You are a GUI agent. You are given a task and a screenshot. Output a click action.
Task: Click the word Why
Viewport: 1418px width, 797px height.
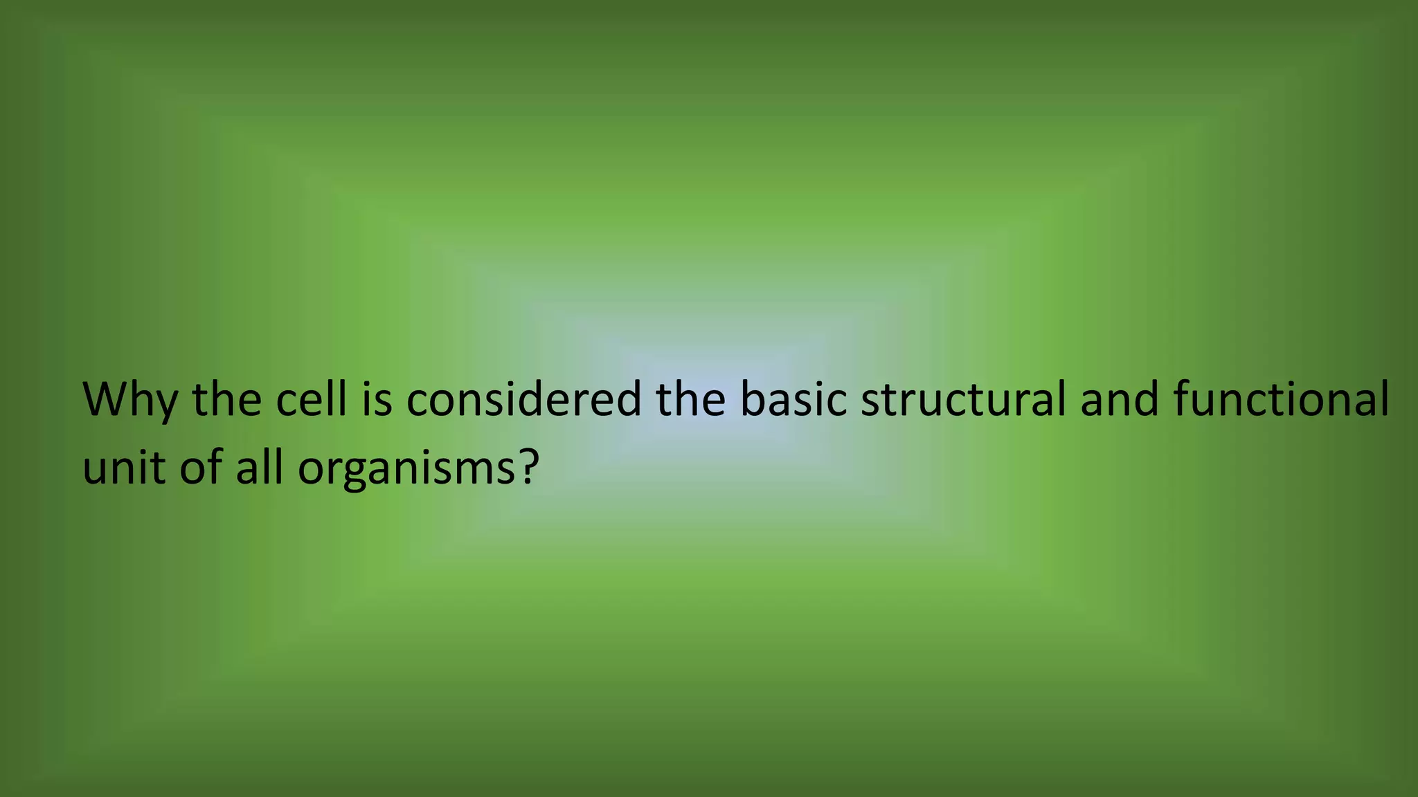(129, 400)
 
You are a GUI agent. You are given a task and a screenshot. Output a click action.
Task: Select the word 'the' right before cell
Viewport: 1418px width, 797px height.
(226, 399)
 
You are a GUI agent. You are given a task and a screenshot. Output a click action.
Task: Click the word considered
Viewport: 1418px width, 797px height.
(524, 399)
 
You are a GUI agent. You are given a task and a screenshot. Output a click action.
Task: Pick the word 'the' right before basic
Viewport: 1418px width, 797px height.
(690, 399)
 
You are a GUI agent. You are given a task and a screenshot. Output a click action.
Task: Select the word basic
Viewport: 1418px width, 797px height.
(793, 399)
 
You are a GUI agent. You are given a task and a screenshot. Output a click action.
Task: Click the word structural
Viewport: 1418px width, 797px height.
(963, 399)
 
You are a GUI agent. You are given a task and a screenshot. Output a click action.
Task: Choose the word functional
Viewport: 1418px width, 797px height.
(1282, 399)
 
